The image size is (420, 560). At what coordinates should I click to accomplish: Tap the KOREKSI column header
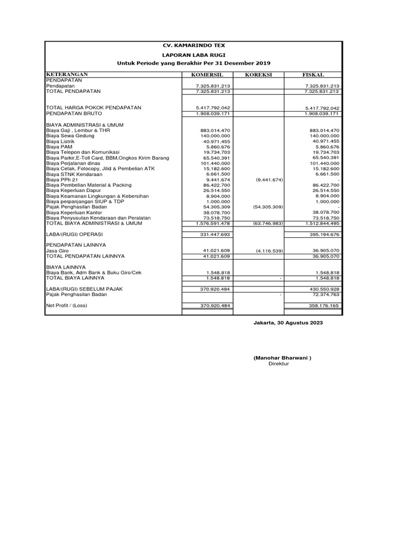coord(258,74)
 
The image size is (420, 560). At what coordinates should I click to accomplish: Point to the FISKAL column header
coord(313,74)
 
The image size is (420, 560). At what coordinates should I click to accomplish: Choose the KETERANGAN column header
coord(67,74)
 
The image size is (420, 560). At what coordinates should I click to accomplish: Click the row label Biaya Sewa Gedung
coord(70,135)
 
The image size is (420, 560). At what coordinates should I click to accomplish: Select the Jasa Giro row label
coord(57,250)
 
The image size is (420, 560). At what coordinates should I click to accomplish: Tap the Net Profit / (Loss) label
coord(67,305)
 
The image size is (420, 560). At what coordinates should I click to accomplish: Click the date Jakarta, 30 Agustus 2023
coord(288,323)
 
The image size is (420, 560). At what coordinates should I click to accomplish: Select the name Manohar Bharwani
coord(282,358)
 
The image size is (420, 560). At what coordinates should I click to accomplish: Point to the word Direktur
coord(278,364)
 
